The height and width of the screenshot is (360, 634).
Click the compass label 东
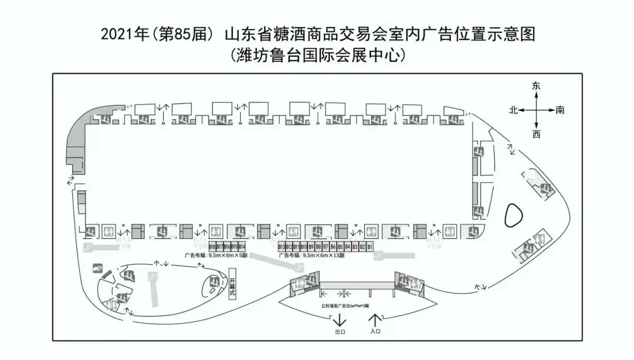(x=535, y=86)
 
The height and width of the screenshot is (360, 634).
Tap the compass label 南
(x=560, y=110)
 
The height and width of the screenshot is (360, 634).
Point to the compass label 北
(x=512, y=110)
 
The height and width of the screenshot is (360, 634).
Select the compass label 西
(x=536, y=134)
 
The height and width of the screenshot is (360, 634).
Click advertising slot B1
(x=370, y=247)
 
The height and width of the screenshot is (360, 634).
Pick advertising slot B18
(x=212, y=247)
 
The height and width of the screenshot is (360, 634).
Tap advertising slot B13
(x=281, y=247)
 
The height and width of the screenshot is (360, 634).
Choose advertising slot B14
(x=242, y=247)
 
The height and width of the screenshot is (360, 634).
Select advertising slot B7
(x=326, y=247)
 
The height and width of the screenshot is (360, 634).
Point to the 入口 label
(x=376, y=332)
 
